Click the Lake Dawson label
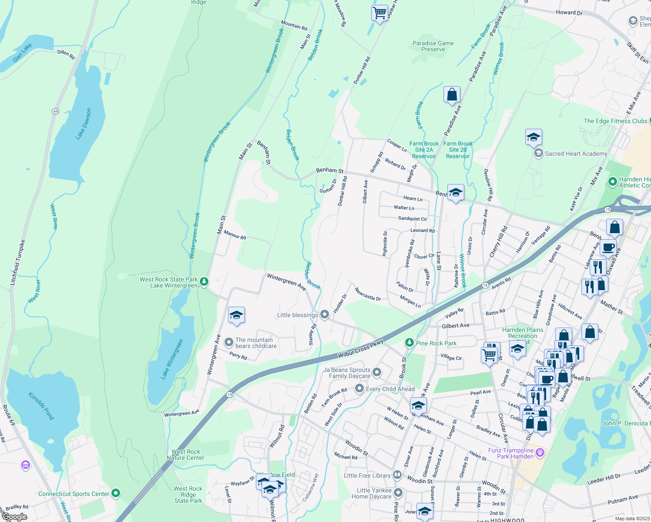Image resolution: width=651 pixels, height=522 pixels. point(84,124)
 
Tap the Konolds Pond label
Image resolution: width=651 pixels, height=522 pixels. point(41,406)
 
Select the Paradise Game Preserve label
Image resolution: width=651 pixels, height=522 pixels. point(433,46)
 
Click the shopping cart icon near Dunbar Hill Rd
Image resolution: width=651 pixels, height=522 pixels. point(379,13)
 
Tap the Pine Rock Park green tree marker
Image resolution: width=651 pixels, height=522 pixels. point(409,343)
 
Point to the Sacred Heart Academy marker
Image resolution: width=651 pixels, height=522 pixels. point(538,154)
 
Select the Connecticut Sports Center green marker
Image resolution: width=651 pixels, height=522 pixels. point(115,494)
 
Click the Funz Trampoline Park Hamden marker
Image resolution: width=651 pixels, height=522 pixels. point(540,453)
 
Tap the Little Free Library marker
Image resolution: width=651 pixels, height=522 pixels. point(397,475)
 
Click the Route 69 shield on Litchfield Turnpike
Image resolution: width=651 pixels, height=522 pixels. point(55,111)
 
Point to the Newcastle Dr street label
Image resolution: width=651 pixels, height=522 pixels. point(368,294)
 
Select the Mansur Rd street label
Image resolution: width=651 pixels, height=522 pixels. point(235,235)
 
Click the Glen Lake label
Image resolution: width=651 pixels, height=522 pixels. point(22,53)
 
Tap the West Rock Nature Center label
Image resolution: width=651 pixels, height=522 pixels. point(185,455)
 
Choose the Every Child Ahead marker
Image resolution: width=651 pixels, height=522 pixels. point(359,388)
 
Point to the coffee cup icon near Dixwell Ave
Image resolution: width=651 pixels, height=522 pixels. point(608,248)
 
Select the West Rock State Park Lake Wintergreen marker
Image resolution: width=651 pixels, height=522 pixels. point(204,282)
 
